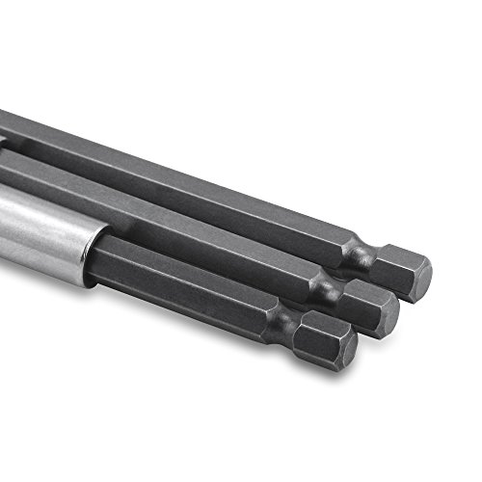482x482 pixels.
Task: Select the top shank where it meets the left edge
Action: (5, 120)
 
